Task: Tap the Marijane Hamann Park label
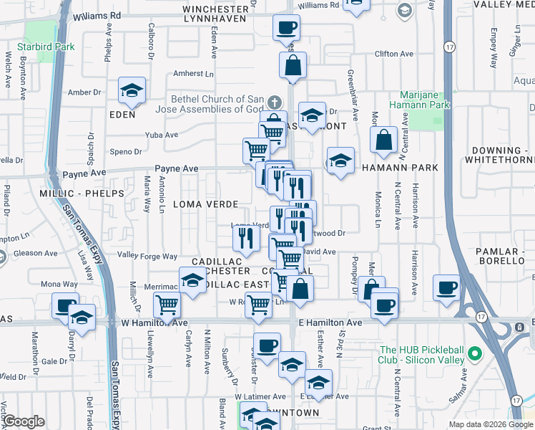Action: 420,99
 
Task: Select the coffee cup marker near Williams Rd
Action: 286,28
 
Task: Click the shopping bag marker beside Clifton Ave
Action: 293,67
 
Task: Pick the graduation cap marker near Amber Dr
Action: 132,90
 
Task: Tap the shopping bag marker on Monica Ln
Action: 384,141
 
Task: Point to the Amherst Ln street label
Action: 194,74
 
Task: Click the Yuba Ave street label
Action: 161,135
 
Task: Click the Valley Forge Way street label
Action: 147,256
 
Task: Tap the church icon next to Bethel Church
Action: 273,102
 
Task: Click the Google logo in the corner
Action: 24,421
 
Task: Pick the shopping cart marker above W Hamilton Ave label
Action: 167,304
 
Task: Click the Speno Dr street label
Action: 126,151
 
